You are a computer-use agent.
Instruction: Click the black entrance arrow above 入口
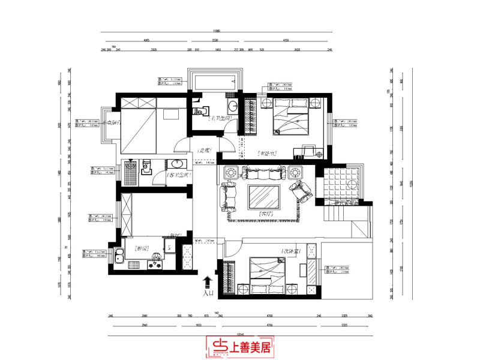208,281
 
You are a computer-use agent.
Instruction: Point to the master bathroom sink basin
232,107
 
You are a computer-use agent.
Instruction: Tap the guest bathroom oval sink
176,165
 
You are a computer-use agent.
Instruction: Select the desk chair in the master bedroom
310,148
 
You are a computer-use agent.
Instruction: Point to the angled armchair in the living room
300,192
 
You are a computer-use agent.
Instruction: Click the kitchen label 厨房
142,247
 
